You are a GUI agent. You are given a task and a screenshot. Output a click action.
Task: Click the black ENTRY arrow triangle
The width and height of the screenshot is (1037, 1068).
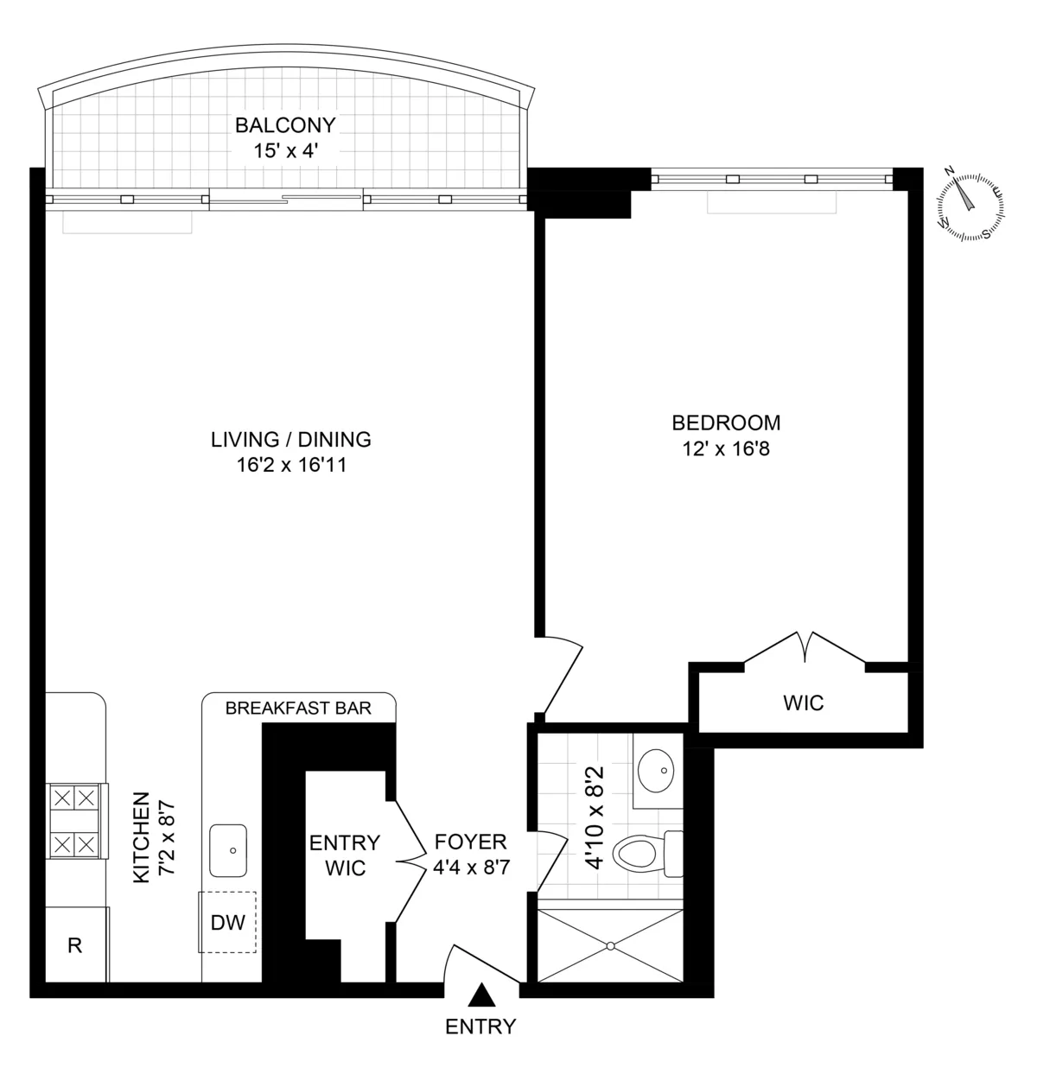tap(482, 996)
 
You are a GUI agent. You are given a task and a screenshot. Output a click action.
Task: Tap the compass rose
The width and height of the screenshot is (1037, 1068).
tap(971, 204)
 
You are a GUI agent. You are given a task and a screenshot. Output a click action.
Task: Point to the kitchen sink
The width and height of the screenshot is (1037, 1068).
tap(229, 851)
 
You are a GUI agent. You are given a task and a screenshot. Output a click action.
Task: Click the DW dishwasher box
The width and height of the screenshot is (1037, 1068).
tap(228, 922)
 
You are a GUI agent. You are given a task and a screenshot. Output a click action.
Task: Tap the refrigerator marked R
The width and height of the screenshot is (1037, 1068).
tap(76, 945)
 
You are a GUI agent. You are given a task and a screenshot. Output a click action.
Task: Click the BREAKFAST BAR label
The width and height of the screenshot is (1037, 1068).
tap(298, 709)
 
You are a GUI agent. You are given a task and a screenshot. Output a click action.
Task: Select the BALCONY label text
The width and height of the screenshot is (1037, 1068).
tap(285, 125)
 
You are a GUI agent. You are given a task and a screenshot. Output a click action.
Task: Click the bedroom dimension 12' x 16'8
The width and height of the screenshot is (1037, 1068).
tap(726, 449)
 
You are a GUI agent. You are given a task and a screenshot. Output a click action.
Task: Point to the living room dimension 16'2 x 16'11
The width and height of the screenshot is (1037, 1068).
tap(291, 466)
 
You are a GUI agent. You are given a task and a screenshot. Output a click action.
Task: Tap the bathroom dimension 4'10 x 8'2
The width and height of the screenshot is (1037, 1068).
tap(595, 817)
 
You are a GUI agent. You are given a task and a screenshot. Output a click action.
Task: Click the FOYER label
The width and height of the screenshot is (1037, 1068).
tap(470, 842)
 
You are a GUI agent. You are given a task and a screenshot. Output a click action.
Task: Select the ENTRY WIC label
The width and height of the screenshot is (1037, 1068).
tap(344, 855)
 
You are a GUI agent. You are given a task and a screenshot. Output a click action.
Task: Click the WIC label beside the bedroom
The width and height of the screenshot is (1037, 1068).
tap(803, 702)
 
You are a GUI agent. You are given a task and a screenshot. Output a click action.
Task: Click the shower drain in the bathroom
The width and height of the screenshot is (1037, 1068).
tap(612, 945)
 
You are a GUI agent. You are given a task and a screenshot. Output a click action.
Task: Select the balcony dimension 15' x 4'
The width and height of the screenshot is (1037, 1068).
tap(285, 150)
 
